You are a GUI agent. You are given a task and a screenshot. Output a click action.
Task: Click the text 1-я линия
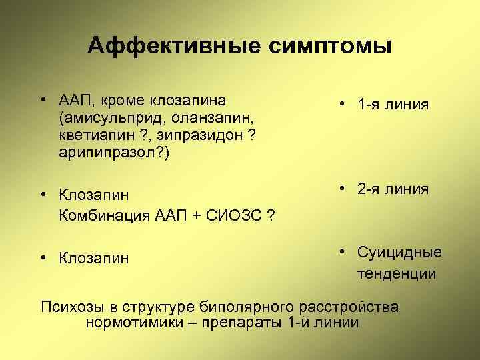tap(393, 105)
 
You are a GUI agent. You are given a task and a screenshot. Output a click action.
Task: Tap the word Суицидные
tap(399, 253)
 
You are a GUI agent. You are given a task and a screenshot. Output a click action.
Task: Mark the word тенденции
tap(397, 273)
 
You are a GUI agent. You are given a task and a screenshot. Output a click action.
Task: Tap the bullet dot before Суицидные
tap(341, 253)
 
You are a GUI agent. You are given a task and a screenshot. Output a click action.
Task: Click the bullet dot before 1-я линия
tap(341, 105)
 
